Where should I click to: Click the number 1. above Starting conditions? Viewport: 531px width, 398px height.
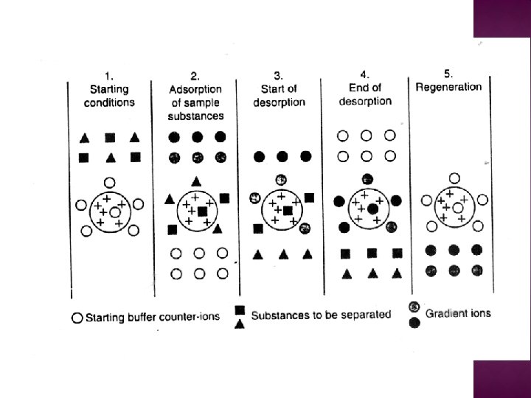[x=108, y=75]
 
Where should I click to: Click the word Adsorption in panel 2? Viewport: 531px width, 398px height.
[x=195, y=88]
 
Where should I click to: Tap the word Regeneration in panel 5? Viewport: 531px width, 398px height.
[x=448, y=86]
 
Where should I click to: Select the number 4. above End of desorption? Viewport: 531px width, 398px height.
[x=364, y=74]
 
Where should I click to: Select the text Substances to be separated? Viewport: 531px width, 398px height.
[x=321, y=315]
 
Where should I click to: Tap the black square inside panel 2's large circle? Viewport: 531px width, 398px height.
[x=201, y=211]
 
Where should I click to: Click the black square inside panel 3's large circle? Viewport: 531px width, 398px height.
[x=286, y=211]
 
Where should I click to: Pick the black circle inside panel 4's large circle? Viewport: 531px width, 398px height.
[x=372, y=209]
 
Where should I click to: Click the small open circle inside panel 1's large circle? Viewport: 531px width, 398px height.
[x=114, y=212]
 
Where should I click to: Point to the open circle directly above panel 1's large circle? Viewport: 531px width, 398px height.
[x=110, y=181]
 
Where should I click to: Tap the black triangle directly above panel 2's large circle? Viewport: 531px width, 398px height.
[x=195, y=181]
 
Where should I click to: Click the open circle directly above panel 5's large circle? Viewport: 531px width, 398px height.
[x=454, y=178]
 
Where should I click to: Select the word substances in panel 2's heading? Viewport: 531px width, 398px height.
[x=196, y=116]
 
